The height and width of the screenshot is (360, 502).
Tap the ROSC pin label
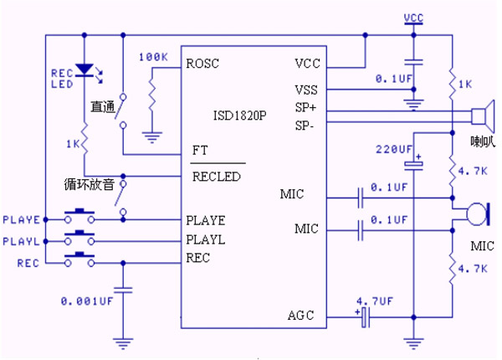(x=203, y=63)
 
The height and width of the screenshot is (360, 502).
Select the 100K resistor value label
(x=153, y=56)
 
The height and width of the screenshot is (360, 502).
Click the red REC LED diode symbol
(x=84, y=70)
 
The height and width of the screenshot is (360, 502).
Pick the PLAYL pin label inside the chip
(x=207, y=240)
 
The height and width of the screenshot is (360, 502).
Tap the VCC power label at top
(x=412, y=17)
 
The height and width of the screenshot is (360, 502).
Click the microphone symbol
(x=474, y=213)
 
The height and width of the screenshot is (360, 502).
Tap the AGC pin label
(x=300, y=316)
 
